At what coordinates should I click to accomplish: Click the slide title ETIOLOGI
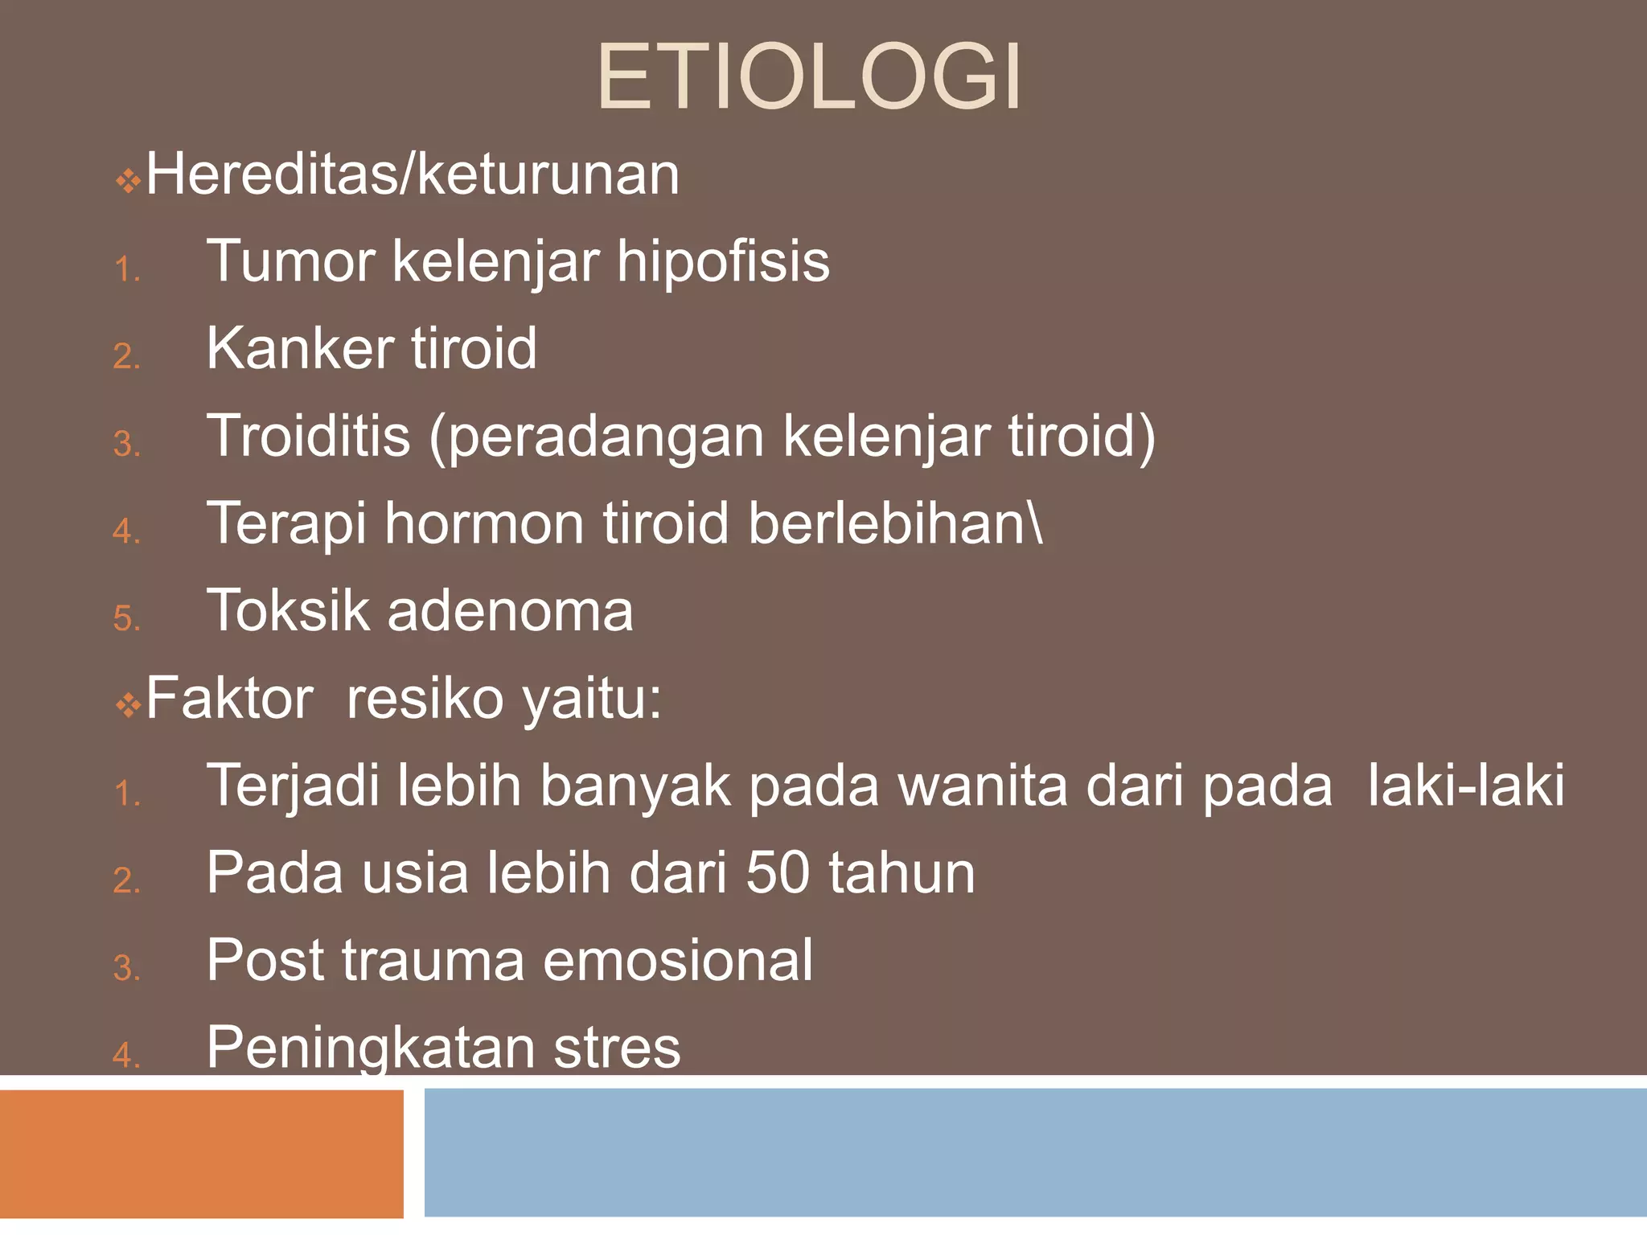809,78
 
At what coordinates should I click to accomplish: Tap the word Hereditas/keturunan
413,175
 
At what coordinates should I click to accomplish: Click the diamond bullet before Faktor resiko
128,706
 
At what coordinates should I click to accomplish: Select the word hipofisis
723,262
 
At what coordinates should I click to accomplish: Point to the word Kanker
299,349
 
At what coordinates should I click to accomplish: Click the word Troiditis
309,436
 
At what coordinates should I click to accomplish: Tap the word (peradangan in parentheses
596,438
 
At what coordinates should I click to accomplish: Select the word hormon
484,524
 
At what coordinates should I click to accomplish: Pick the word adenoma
511,611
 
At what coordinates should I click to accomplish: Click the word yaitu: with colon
592,700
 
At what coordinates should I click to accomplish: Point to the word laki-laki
1466,786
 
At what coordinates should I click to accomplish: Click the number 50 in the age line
777,873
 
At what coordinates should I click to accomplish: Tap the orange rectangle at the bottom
201,1154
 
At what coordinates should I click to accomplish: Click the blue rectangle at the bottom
1035,1152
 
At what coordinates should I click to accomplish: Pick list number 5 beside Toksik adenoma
126,619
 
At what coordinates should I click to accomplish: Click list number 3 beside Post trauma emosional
126,969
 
